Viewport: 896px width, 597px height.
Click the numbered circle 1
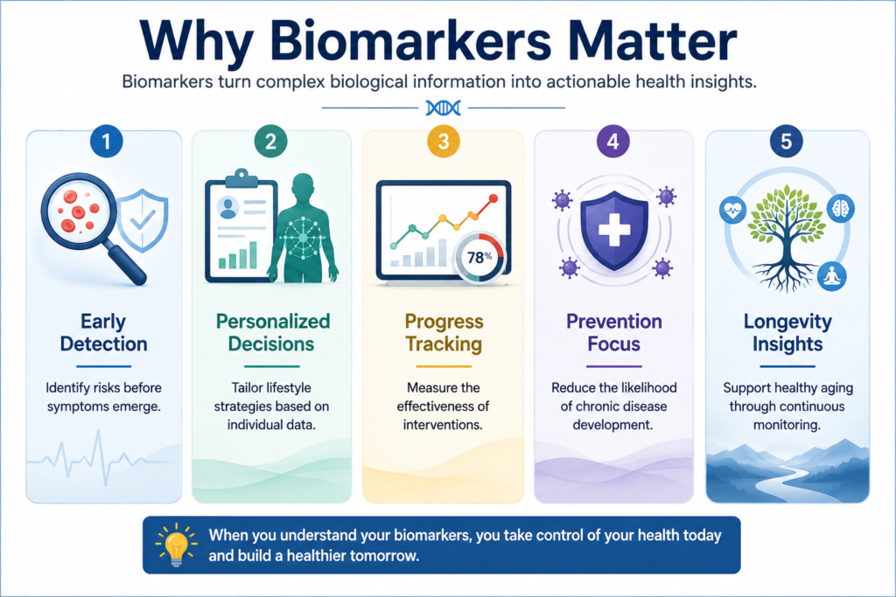click(106, 141)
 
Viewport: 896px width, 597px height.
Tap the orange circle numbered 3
click(444, 141)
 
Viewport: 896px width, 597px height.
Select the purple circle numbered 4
click(613, 141)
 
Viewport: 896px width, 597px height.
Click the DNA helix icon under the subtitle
click(444, 108)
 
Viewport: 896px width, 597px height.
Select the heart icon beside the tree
click(732, 211)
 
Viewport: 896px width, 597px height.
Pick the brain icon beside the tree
click(841, 208)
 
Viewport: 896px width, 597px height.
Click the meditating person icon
click(832, 276)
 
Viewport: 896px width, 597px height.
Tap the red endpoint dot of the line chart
click(493, 198)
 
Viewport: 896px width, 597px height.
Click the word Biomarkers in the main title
click(411, 42)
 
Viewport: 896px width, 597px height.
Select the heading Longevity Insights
click(787, 333)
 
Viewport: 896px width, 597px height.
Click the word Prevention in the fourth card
click(614, 322)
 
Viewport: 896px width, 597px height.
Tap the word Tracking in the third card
click(444, 344)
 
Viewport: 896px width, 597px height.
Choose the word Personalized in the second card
click(273, 322)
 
